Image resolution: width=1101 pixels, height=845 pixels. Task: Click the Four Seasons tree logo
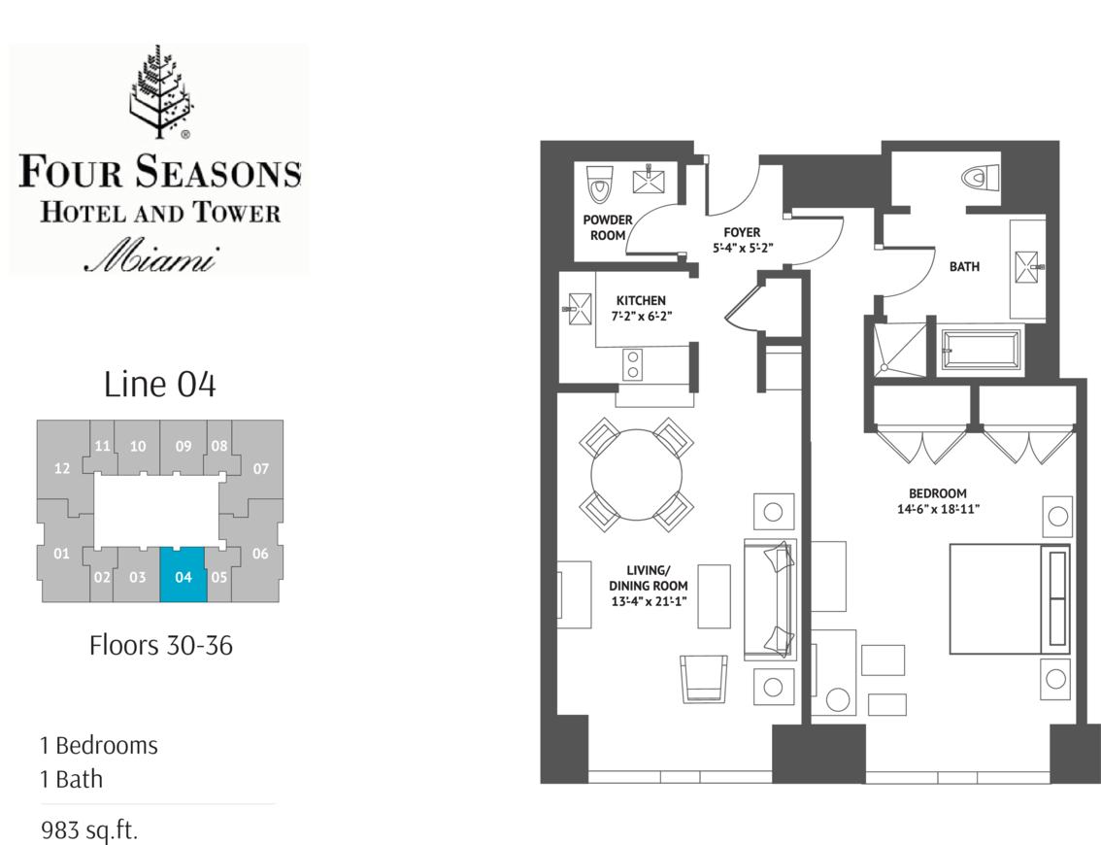160,91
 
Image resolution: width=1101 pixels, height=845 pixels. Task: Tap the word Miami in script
151,257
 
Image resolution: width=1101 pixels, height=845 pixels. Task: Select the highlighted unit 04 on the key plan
183,575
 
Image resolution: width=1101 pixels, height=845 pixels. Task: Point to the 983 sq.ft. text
89,829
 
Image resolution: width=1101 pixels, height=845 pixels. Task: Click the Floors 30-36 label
161,646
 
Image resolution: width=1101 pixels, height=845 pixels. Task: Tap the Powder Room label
608,227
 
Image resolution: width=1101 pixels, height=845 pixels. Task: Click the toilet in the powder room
599,184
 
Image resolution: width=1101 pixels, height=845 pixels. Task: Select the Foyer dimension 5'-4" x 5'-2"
742,248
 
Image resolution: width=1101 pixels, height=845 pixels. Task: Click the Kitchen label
641,300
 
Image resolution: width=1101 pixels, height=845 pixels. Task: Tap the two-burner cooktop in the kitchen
633,364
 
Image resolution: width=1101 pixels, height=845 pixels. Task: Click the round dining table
636,475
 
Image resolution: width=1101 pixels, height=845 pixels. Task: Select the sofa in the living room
770,598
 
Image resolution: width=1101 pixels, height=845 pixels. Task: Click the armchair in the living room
704,679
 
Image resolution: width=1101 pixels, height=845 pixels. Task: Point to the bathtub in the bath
981,349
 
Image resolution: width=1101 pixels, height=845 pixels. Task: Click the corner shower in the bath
900,348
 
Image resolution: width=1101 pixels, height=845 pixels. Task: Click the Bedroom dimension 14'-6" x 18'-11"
937,509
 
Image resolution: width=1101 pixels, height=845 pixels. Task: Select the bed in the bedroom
1010,598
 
